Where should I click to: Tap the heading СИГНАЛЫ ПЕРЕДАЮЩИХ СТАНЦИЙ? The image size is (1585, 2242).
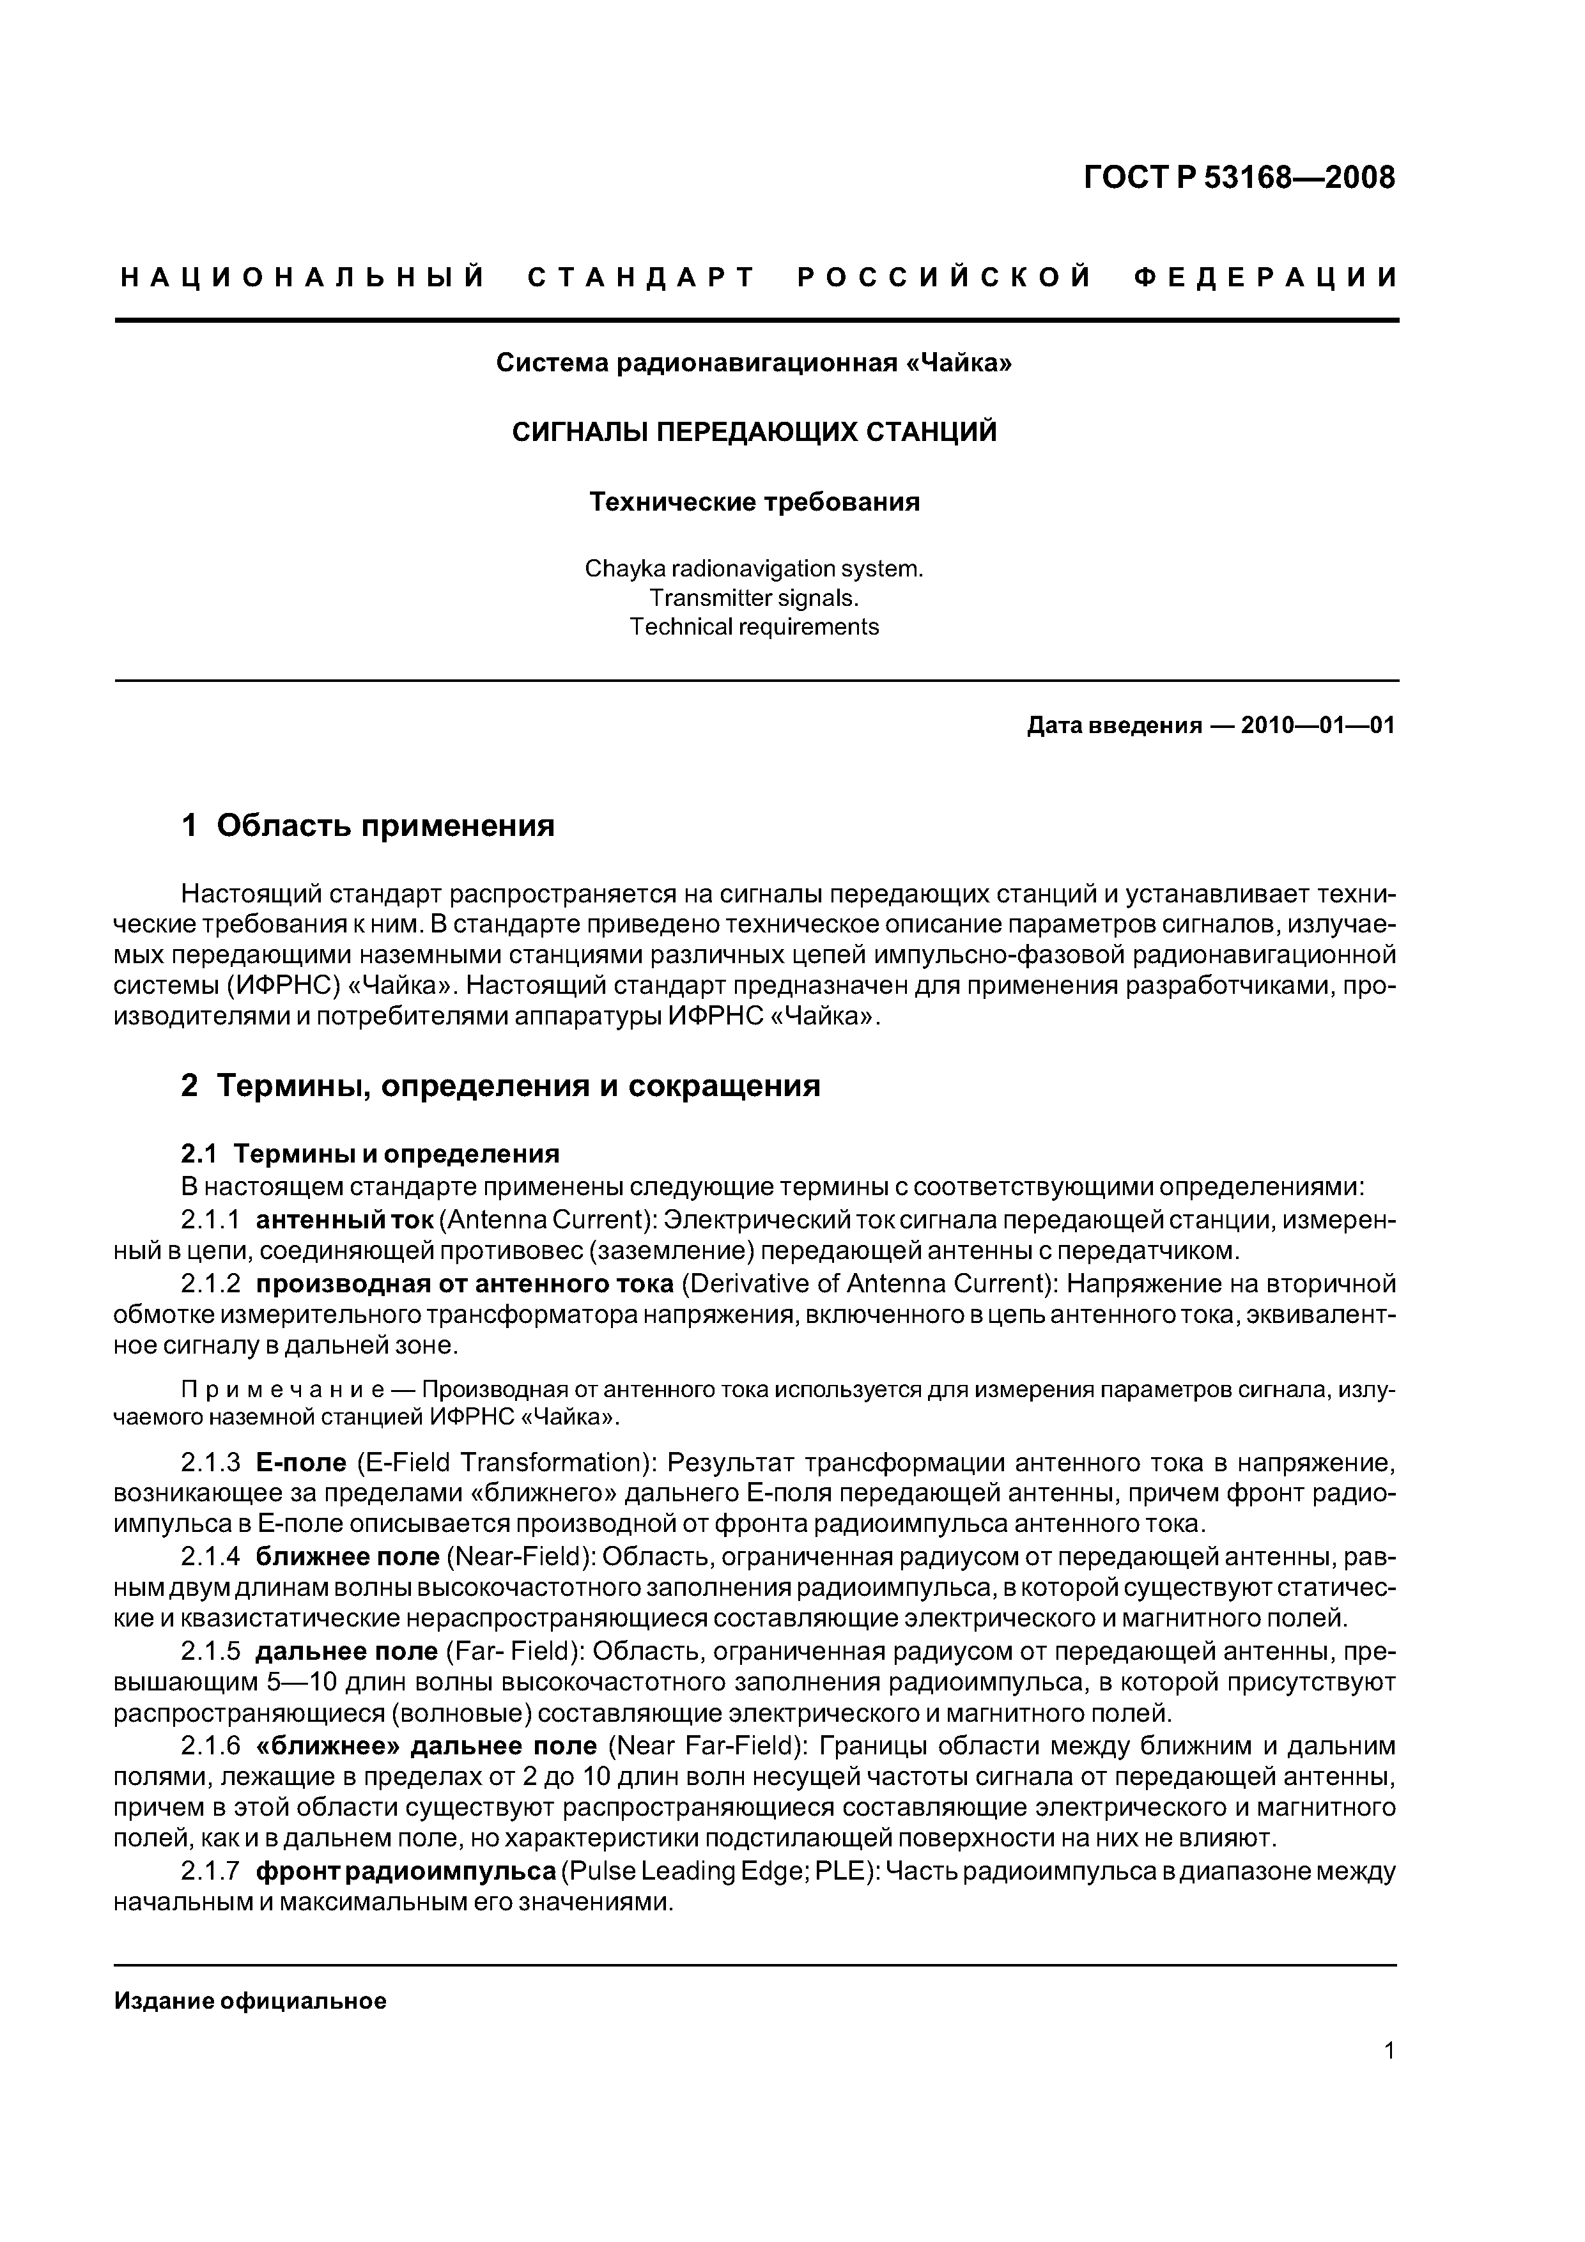754,433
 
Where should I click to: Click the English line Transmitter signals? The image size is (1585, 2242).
754,598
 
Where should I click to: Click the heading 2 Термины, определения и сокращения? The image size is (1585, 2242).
500,1086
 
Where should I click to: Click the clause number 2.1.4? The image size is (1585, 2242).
210,1556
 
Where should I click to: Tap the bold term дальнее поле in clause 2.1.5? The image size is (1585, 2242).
346,1651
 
